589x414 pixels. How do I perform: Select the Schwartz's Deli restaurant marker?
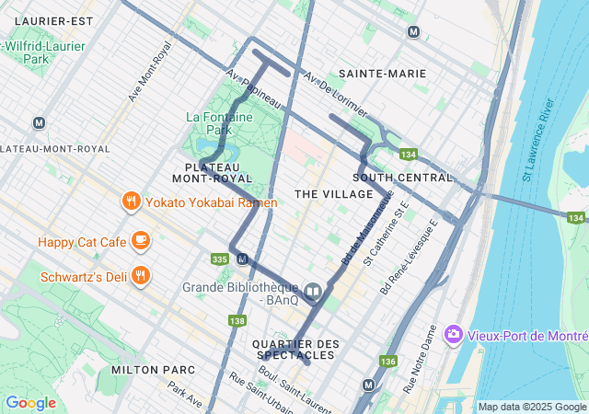(140, 275)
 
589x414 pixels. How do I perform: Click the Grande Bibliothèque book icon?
(313, 292)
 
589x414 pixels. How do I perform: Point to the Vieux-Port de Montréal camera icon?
(453, 334)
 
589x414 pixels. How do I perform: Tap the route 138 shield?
(237, 320)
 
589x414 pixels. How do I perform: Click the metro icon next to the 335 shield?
(242, 259)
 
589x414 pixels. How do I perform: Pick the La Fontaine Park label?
(218, 123)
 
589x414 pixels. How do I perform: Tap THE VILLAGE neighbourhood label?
(333, 193)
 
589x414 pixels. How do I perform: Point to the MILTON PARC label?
(153, 369)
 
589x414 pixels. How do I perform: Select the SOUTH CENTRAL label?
(403, 177)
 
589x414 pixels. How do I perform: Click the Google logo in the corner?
(31, 402)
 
